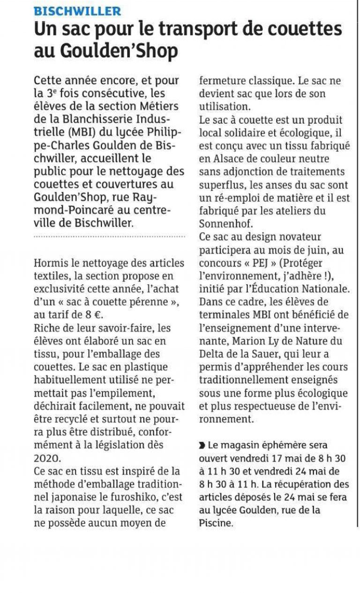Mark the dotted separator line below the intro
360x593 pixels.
109,237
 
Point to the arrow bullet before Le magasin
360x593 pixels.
202,444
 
